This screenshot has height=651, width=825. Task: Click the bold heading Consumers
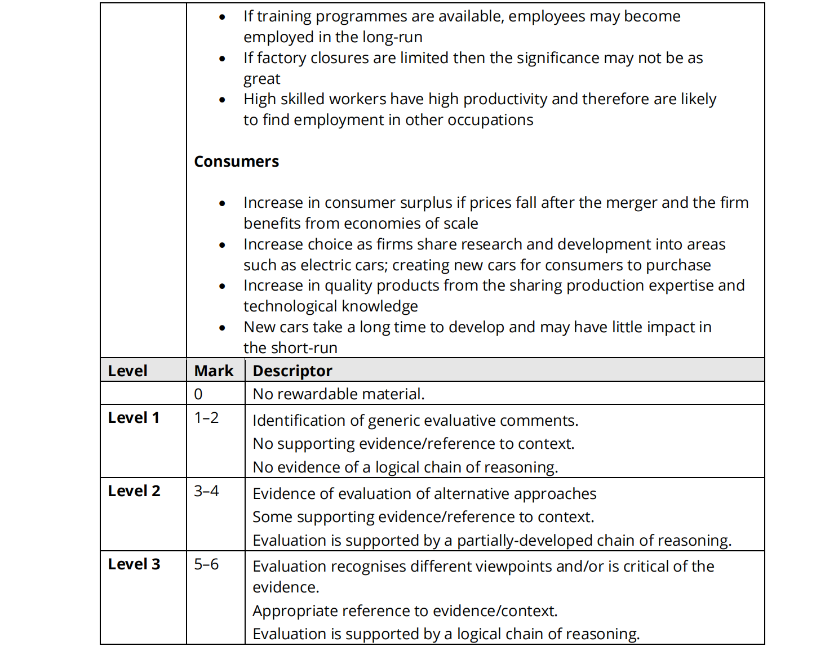coord(236,162)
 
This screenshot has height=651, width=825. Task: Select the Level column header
coord(127,371)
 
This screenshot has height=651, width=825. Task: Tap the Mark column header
coord(214,371)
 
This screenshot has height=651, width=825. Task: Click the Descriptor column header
coord(292,371)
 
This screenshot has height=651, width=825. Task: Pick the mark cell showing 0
coord(198,394)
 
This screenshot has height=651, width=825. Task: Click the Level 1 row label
coord(134,418)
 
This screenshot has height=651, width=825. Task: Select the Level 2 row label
coord(134,491)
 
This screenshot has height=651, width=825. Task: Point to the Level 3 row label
coord(134,564)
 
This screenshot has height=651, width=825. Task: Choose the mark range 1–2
coord(206,418)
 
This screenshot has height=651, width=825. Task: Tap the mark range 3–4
coord(206,491)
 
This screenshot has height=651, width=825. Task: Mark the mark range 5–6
coord(206,564)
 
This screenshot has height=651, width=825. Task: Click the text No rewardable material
coord(338,394)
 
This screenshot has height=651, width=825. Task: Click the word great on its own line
coord(261,79)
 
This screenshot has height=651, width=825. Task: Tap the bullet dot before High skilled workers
coord(223,100)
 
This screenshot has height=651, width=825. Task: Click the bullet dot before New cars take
coord(223,328)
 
